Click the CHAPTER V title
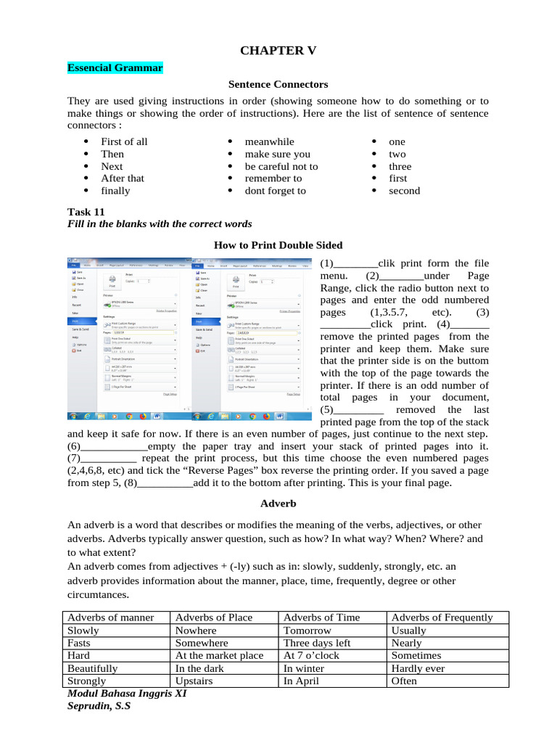coord(278,50)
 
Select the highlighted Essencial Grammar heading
coord(115,68)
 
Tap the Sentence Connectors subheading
coord(278,85)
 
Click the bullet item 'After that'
coord(123,178)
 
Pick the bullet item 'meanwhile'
coord(269,141)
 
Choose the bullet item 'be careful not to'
coord(281,166)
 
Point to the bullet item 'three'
coord(400,166)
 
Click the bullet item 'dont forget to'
coord(275,191)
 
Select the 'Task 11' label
coord(86,211)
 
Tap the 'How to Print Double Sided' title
coord(278,245)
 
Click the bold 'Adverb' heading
coord(278,502)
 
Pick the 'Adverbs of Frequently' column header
coord(442,617)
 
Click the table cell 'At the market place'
coord(219,656)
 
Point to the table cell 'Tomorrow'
coord(307,631)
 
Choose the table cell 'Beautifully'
coord(92,668)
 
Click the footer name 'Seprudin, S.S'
coord(99,705)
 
